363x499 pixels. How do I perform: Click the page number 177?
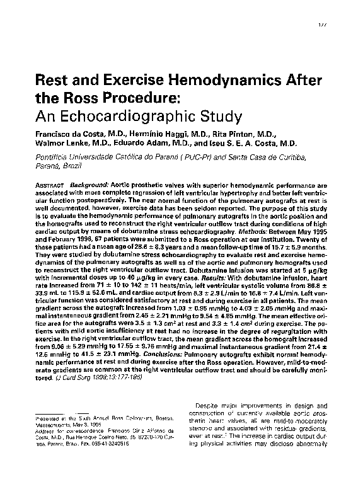(323, 23)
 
